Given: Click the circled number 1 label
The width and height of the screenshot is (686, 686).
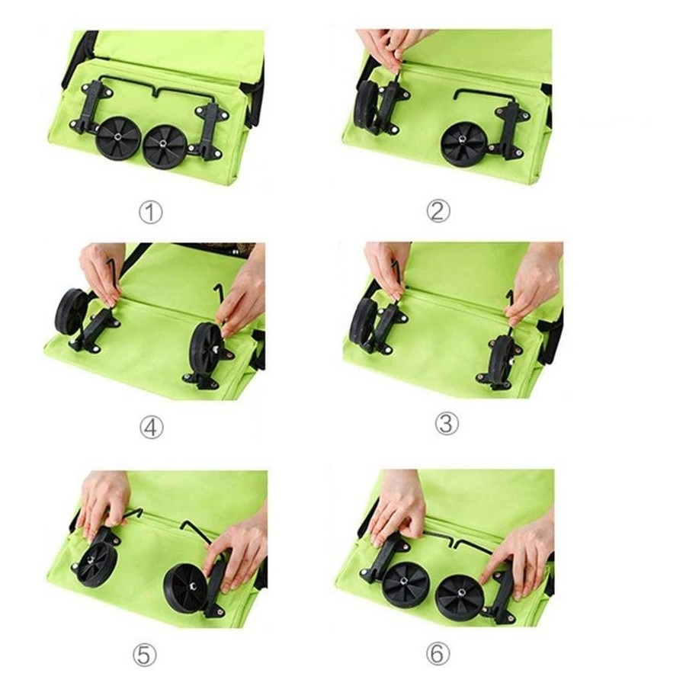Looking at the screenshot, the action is coord(150,213).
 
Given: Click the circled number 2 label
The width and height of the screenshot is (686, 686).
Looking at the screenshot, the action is coord(438,210).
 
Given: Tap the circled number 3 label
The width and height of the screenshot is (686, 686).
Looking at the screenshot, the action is coord(447,424).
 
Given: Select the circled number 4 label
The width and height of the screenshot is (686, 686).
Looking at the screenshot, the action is coord(152,427).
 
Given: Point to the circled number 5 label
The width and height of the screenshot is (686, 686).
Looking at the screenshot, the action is coord(144,655).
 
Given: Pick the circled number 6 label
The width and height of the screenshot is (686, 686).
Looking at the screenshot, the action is coord(438,654).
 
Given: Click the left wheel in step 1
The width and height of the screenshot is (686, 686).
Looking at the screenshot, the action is coord(117,137).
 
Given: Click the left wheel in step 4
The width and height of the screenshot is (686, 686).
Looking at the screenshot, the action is coord(72,312).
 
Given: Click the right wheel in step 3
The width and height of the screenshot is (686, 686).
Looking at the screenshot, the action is coord(499,361).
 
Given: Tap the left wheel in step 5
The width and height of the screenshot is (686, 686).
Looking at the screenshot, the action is coord(100,564).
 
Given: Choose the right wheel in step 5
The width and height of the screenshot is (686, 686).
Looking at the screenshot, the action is coord(185,587).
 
